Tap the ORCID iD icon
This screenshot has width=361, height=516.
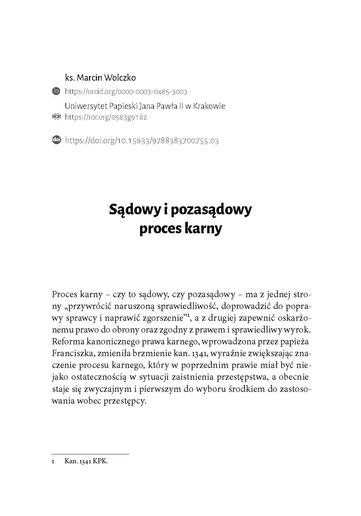point(56,91)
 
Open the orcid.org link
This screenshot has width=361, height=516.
point(126,92)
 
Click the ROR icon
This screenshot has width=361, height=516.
point(56,117)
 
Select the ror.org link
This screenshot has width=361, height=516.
point(106,117)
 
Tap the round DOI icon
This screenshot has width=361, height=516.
point(56,140)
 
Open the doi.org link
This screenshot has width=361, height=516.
point(142,141)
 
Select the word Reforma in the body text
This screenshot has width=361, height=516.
point(66,342)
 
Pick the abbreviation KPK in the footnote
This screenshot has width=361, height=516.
point(100,462)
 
